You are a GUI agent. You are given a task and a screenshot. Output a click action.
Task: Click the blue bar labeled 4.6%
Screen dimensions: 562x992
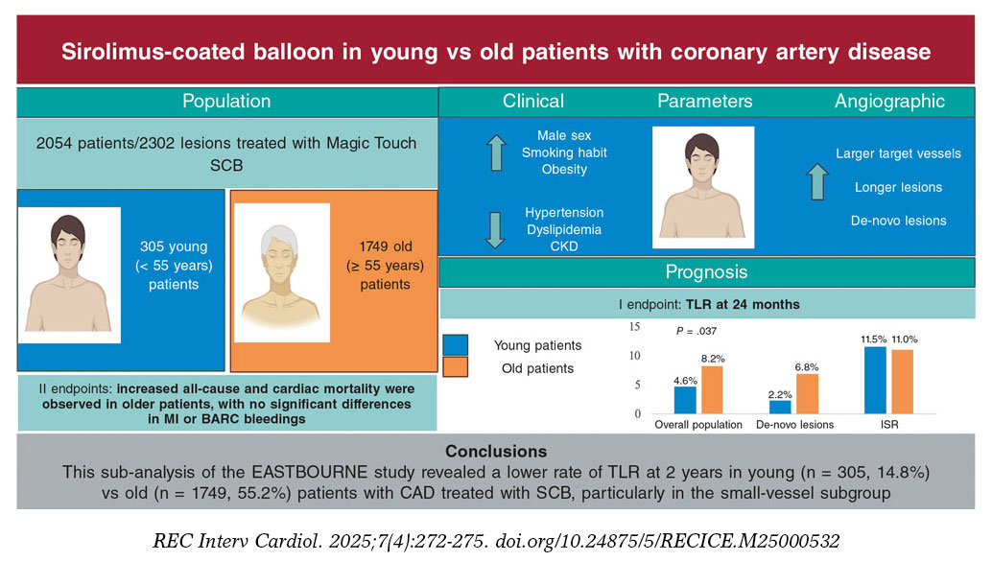pyautogui.click(x=685, y=399)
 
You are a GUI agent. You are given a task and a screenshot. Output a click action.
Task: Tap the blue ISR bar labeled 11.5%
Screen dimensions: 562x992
pyautogui.click(x=874, y=380)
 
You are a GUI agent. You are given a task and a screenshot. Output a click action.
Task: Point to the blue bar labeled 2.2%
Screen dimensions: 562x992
pyautogui.click(x=781, y=407)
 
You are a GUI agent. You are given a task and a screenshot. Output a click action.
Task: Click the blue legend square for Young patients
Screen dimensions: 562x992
pyautogui.click(x=456, y=344)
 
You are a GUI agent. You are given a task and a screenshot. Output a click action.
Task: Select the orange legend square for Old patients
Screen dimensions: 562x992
pyautogui.click(x=456, y=367)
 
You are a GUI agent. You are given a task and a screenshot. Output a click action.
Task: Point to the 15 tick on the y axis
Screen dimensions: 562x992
pyautogui.click(x=634, y=327)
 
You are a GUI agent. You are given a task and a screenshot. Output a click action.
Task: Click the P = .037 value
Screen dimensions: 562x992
pyautogui.click(x=696, y=332)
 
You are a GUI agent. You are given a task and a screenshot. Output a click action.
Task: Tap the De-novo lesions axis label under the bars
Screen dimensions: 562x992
pyautogui.click(x=794, y=424)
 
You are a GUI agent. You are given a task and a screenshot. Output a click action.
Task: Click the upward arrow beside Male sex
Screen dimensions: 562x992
pyautogui.click(x=496, y=152)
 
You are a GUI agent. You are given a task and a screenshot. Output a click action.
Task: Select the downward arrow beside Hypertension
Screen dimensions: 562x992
pyautogui.click(x=496, y=229)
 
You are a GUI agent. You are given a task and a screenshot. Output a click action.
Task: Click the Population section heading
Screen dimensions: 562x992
pyautogui.click(x=226, y=101)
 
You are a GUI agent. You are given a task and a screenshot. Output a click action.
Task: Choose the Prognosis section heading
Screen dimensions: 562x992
pyautogui.click(x=706, y=272)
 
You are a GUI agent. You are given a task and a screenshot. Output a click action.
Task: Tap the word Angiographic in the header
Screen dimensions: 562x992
pyautogui.click(x=889, y=101)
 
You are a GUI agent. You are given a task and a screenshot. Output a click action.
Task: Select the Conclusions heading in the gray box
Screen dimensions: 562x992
pyautogui.click(x=496, y=452)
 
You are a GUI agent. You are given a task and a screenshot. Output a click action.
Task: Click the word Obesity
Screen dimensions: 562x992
pyautogui.click(x=564, y=170)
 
